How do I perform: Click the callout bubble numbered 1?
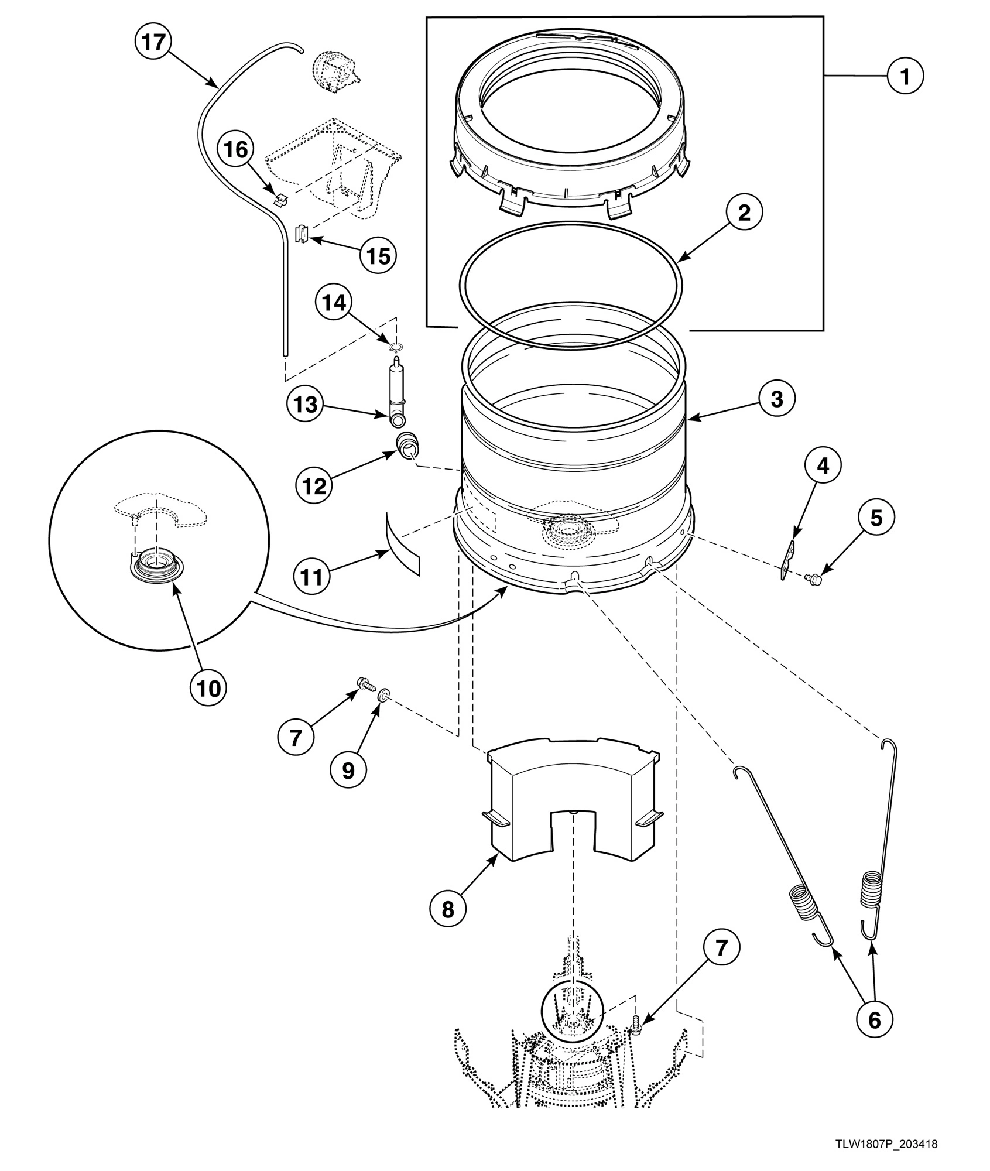(x=905, y=76)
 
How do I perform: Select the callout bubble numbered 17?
(x=153, y=44)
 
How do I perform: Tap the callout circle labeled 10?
(x=209, y=688)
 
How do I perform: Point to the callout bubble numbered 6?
(x=873, y=1020)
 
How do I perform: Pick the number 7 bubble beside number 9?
(x=296, y=738)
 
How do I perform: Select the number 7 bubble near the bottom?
(x=721, y=947)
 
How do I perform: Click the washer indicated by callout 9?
(x=382, y=695)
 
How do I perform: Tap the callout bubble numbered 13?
(x=306, y=405)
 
